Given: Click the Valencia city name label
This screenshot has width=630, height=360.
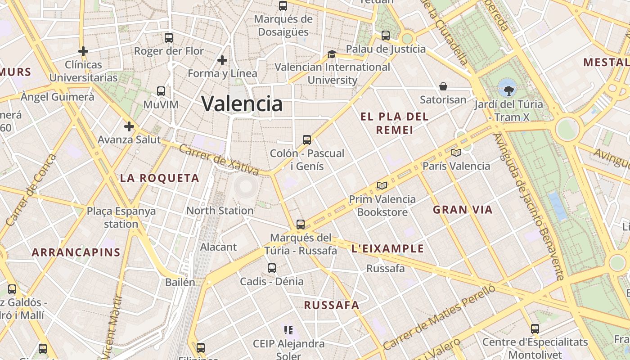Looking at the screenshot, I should [x=242, y=103].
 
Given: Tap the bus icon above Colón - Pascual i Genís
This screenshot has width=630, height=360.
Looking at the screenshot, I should [x=307, y=140].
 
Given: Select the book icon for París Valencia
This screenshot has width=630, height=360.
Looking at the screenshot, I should [x=456, y=153].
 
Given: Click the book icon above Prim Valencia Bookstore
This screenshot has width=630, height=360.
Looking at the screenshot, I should [x=382, y=185].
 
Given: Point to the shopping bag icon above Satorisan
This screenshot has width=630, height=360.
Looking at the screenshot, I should [x=443, y=86].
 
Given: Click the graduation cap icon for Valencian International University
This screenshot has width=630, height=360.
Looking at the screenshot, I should [x=332, y=54].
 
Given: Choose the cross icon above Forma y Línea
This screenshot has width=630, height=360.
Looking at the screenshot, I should [x=222, y=60].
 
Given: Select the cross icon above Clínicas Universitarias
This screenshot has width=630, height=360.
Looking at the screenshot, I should [x=83, y=51].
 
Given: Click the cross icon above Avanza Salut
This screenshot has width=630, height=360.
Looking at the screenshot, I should [x=129, y=126].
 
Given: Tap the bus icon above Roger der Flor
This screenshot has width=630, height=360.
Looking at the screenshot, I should [x=169, y=38].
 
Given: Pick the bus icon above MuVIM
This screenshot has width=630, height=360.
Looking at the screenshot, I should [x=161, y=91].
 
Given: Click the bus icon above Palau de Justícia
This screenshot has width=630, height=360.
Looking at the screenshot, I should [x=386, y=36].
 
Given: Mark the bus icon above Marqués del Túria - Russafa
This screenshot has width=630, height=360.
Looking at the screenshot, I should [x=301, y=224].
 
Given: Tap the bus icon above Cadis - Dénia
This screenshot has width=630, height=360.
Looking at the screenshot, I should [x=272, y=268].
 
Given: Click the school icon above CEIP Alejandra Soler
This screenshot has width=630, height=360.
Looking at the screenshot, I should [x=288, y=331].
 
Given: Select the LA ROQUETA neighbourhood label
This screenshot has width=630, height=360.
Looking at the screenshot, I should [x=159, y=178].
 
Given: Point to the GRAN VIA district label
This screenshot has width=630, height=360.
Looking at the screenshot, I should [x=463, y=209].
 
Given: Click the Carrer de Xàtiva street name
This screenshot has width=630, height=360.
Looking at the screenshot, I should [x=219, y=160].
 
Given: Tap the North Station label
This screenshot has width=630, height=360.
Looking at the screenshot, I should [x=220, y=211].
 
